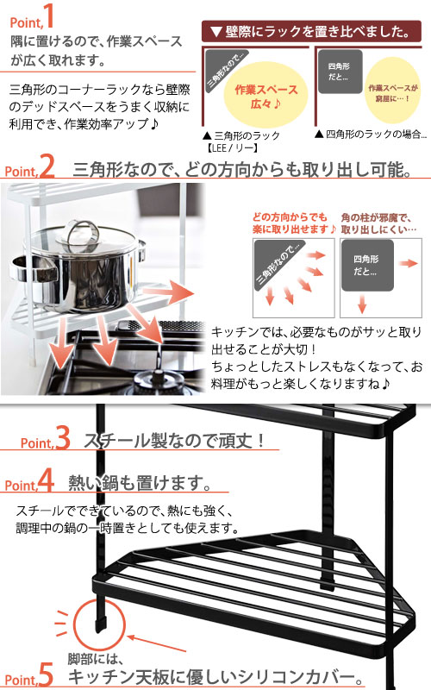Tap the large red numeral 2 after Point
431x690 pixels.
click(x=47, y=166)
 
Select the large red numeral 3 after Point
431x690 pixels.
click(x=62, y=439)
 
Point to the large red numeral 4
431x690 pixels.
click(x=47, y=480)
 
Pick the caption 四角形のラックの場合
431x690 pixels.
click(x=372, y=135)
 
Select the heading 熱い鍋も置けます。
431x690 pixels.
click(x=138, y=481)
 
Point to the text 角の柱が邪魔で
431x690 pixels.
click(x=378, y=216)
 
